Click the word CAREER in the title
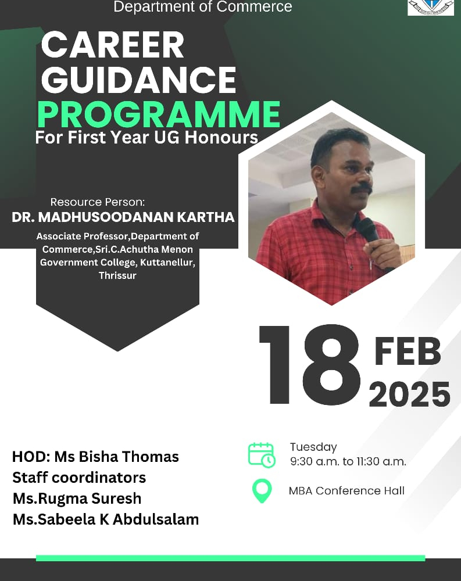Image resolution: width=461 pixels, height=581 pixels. tap(113, 45)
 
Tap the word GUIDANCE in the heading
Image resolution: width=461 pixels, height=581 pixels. tap(139, 80)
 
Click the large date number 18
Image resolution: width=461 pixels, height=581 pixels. tap(310, 364)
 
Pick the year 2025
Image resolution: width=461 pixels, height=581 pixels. tap(409, 394)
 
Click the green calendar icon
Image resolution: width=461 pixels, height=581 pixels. tap(262, 455)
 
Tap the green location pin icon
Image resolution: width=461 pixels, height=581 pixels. tap(262, 490)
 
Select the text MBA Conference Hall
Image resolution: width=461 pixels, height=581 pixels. tap(346, 490)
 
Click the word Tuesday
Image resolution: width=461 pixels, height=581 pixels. tap(313, 447)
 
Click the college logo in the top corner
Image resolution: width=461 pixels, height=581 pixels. tap(431, 8)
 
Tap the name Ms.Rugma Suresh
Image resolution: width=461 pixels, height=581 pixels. tap(77, 498)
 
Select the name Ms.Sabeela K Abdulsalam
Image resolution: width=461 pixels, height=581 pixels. tap(106, 519)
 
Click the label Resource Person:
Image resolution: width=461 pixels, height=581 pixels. tap(98, 202)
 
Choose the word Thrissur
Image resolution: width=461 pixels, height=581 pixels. tap(117, 275)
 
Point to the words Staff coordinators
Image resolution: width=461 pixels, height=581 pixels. tap(79, 478)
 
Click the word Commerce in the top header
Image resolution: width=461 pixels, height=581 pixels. tap(254, 6)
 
